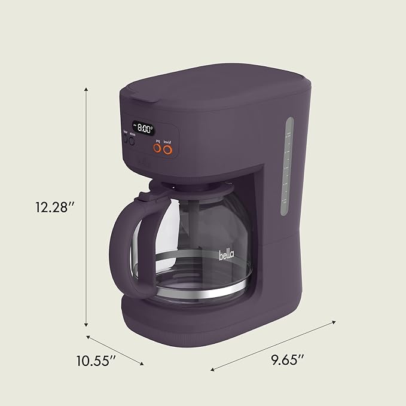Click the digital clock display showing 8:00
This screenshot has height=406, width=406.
click(144, 127)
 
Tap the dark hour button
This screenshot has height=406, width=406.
click(126, 140)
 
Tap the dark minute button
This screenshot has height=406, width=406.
click(133, 140)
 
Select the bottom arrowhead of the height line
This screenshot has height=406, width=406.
click(87, 325)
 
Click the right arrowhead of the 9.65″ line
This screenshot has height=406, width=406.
click(333, 322)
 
